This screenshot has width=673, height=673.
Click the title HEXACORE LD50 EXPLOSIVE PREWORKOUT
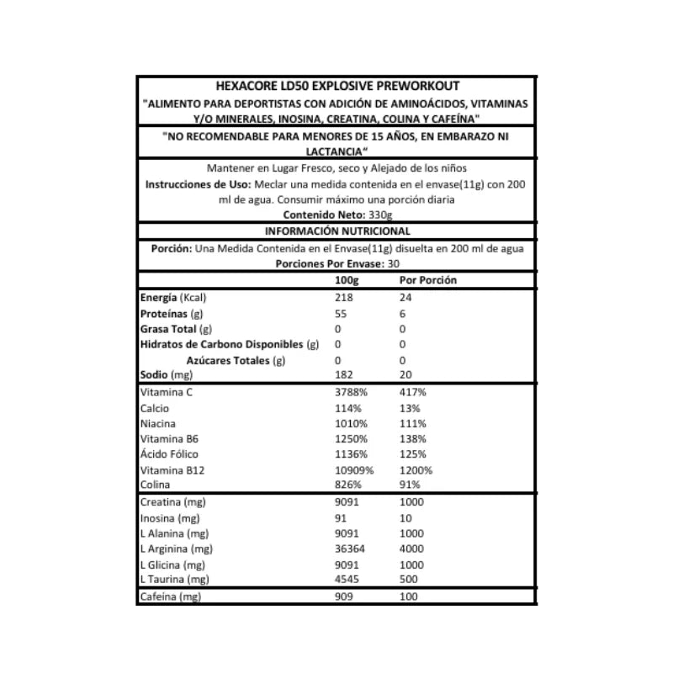336,85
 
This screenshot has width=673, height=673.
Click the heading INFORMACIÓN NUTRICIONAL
336,231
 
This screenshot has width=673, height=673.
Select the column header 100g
346,280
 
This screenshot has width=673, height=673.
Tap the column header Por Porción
427,280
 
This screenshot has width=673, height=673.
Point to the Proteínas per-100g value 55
340,313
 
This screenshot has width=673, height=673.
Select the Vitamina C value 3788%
349,393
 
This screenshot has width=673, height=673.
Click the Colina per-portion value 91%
408,485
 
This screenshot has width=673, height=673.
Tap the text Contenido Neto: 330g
336,215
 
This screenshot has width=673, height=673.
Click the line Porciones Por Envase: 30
336,263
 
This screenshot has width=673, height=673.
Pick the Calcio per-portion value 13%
408,408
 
